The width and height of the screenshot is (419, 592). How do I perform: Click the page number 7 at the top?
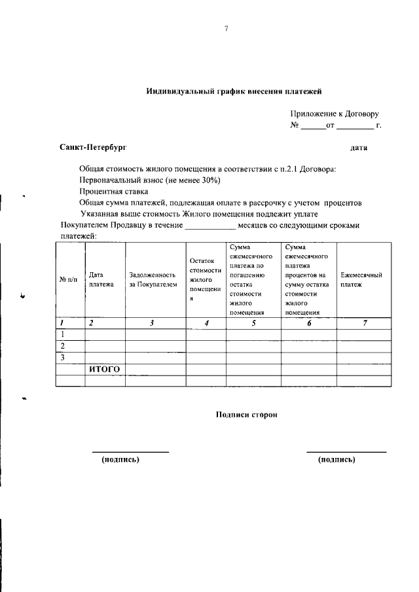pyautogui.click(x=225, y=29)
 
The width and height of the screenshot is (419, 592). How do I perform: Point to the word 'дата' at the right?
pyautogui.click(x=359, y=148)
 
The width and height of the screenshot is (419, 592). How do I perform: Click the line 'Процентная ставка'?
pyautogui.click(x=114, y=191)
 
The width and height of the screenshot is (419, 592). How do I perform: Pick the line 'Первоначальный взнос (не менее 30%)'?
pyautogui.click(x=150, y=179)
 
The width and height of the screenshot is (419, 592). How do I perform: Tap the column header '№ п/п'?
pyautogui.click(x=68, y=280)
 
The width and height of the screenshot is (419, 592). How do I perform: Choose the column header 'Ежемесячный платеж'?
pyautogui.click(x=361, y=280)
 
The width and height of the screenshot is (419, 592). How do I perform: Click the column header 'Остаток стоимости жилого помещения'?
pyautogui.click(x=205, y=279)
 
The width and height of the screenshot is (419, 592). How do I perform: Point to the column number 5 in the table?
pyautogui.click(x=253, y=322)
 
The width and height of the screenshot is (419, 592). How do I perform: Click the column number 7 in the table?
pyautogui.click(x=365, y=322)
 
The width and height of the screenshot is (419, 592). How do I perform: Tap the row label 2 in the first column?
pyautogui.click(x=62, y=345)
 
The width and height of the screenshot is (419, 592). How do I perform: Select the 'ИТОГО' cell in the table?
pyautogui.click(x=104, y=369)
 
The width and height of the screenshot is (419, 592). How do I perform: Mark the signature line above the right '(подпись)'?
pyautogui.click(x=346, y=451)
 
